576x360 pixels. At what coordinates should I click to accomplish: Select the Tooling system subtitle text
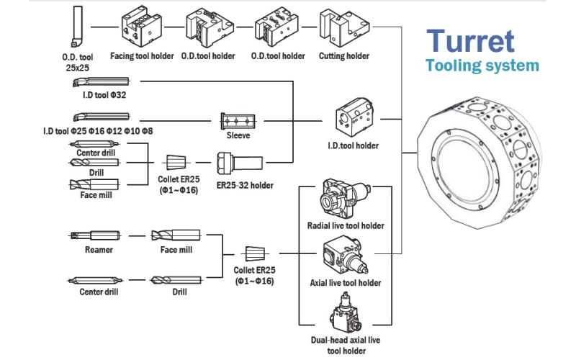(482, 66)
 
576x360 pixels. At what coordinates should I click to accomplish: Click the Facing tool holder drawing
(142, 28)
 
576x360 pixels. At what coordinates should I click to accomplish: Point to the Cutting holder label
(344, 55)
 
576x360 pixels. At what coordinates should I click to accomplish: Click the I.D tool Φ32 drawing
(100, 84)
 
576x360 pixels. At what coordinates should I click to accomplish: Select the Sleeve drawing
(238, 119)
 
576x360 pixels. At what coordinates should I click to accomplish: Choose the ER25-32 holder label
(246, 185)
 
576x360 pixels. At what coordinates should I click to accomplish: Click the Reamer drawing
(90, 235)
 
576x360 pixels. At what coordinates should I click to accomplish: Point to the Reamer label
(90, 251)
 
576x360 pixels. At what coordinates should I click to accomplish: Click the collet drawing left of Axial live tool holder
(255, 253)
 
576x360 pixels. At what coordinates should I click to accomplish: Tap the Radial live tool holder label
(345, 226)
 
